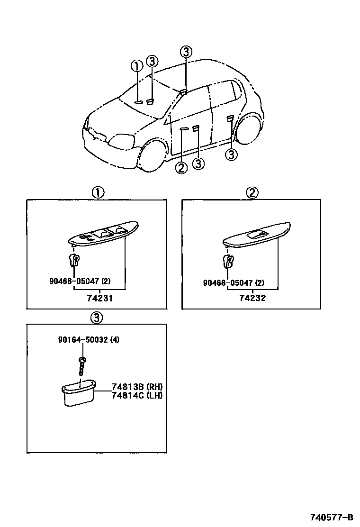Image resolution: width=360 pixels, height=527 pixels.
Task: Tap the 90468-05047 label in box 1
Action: pos(80,281)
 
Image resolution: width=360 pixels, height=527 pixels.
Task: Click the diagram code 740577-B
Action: pos(331,517)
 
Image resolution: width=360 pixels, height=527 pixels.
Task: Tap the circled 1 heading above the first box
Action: pos(98,192)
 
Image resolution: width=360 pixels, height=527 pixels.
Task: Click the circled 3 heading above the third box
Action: pos(96,318)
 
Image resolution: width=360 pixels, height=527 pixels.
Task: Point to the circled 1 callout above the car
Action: pos(137,66)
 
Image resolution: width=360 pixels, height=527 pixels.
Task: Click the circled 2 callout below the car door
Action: pos(181,167)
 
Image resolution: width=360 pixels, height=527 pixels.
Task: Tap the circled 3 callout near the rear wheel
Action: pos(231,154)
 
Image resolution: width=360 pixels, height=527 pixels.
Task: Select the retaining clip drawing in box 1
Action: pos(73,260)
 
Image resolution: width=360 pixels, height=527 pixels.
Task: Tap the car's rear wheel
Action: pos(250,129)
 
